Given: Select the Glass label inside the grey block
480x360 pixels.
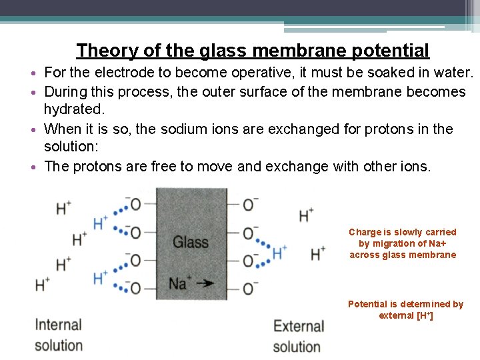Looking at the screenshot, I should point(191,242).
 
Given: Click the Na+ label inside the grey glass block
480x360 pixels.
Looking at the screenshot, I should point(178,283).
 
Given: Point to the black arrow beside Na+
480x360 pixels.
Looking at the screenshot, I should point(204,283).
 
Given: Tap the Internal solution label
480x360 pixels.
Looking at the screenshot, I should point(59,335).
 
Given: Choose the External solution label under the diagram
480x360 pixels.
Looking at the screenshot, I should point(299,336).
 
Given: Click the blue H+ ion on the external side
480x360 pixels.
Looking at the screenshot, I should point(279,253).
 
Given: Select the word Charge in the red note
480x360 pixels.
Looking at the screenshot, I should point(365,232).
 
